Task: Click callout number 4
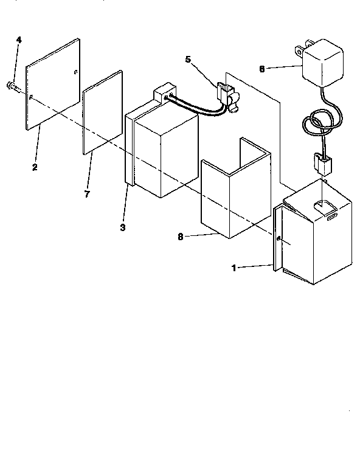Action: pos(19,40)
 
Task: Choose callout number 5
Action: pos(188,60)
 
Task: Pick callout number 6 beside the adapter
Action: pos(263,69)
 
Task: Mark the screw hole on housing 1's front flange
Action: pos(278,240)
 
